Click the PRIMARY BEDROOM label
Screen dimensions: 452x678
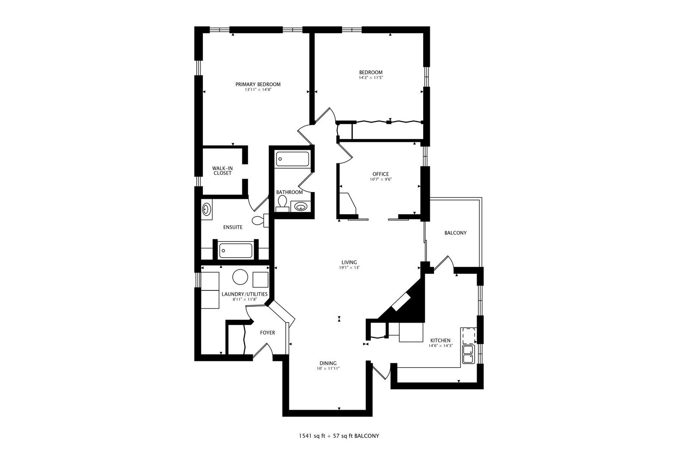(258, 84)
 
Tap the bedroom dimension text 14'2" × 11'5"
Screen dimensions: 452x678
(371, 78)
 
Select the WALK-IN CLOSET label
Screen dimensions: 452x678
(222, 171)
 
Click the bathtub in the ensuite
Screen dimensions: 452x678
(236, 251)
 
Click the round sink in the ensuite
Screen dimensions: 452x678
(207, 209)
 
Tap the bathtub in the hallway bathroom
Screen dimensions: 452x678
(293, 159)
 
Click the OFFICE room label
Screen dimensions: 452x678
(380, 174)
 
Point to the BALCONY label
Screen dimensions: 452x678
(455, 233)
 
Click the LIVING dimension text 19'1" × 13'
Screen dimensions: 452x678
(349, 268)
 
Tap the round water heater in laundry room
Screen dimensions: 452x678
(240, 277)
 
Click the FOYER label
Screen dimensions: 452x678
(267, 333)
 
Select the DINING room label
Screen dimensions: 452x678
(328, 363)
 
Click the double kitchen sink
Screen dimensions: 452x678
(468, 354)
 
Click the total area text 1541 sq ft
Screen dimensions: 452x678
(311, 436)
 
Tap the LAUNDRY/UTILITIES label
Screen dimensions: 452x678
(244, 294)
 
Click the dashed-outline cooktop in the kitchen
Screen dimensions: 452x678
(468, 336)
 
